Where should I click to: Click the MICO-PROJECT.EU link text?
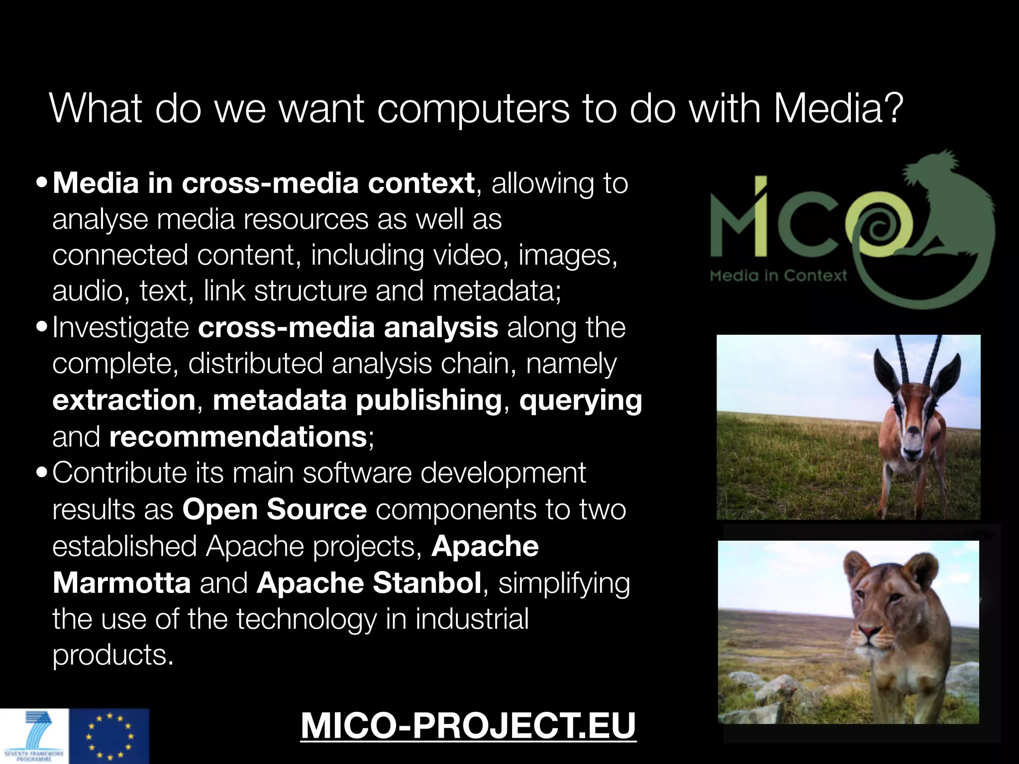click(468, 726)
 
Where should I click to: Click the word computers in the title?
click(473, 110)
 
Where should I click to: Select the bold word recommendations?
click(238, 437)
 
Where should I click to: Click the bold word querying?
click(581, 401)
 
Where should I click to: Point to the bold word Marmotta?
click(122, 582)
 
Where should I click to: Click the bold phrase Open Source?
click(275, 509)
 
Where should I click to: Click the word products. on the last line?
click(113, 655)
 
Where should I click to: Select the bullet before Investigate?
click(42, 327)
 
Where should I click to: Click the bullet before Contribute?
click(42, 472)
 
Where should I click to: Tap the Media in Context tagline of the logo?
click(778, 275)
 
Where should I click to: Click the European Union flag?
click(109, 737)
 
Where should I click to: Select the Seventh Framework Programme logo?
click(34, 737)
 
